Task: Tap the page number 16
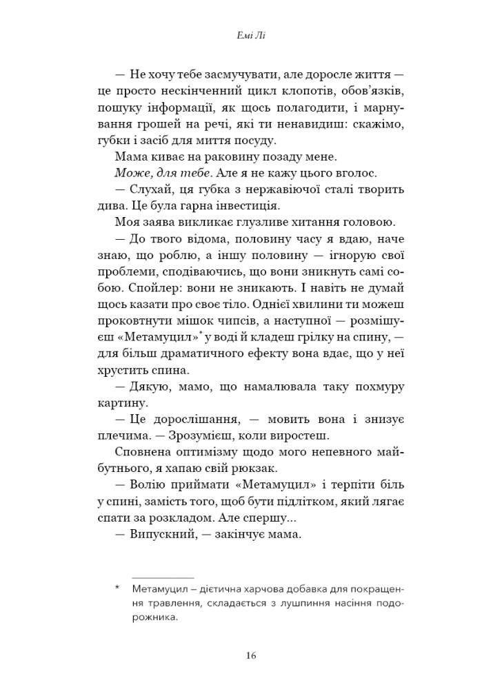250,655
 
